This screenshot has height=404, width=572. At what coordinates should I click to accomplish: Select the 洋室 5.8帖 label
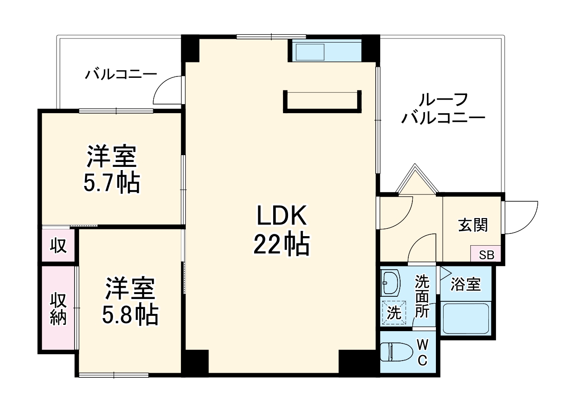click(x=130, y=301)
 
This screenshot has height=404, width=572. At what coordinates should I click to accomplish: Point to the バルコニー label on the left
click(x=121, y=74)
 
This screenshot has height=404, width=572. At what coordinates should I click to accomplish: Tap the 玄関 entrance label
click(x=473, y=225)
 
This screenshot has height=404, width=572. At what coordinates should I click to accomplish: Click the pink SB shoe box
click(x=486, y=255)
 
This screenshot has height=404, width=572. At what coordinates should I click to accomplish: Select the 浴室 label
click(x=466, y=285)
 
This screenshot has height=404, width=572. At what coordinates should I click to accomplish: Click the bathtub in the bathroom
click(x=466, y=318)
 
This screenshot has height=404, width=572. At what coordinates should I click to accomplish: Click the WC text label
click(x=422, y=353)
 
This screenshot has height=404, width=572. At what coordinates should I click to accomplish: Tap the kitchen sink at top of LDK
click(x=309, y=51)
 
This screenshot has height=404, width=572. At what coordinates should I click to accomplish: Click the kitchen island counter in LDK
click(x=322, y=101)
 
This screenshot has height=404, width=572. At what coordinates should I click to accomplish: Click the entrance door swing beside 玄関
click(x=520, y=218)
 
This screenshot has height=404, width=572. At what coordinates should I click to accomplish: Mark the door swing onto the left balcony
click(x=168, y=90)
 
